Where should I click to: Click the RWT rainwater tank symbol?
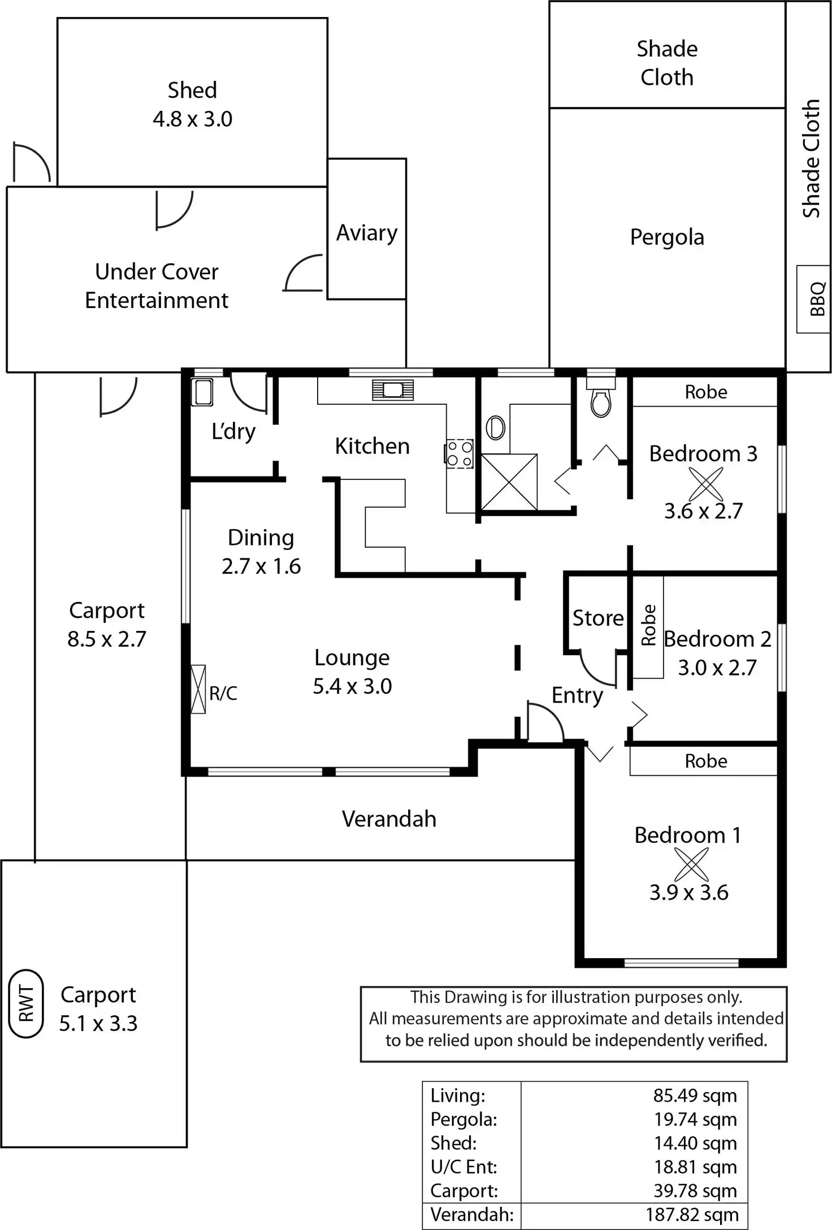point(26,1003)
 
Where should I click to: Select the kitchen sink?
point(393,390)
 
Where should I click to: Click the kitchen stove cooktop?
point(459,454)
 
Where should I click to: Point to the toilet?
point(600,399)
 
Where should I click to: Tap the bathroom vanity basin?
point(495,427)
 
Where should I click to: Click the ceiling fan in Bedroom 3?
point(705,484)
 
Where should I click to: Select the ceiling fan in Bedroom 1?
point(691,865)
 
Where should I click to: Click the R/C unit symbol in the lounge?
point(198,689)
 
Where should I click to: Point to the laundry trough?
point(202,392)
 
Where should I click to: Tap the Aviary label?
point(367,233)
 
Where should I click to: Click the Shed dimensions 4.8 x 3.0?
point(192,119)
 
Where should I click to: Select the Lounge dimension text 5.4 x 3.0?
point(352,686)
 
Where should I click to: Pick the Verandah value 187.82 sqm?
point(692,1214)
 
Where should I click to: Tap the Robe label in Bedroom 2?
point(648,625)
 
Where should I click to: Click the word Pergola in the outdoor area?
point(667,237)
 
